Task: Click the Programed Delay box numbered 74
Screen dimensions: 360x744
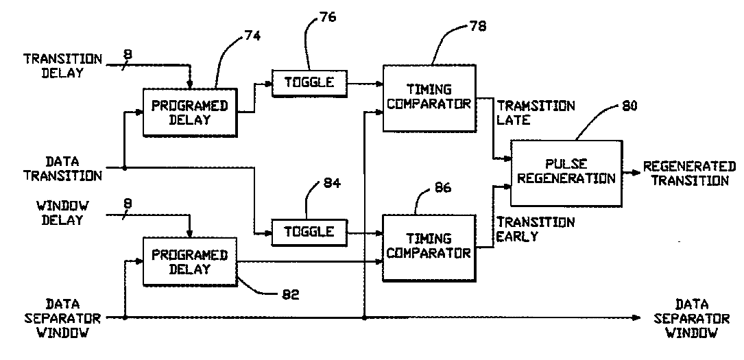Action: [x=189, y=112]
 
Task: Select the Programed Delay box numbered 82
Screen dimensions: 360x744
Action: [x=189, y=262]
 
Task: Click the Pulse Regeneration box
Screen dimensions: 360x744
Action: [x=566, y=172]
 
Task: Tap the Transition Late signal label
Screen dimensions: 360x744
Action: [x=536, y=113]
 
